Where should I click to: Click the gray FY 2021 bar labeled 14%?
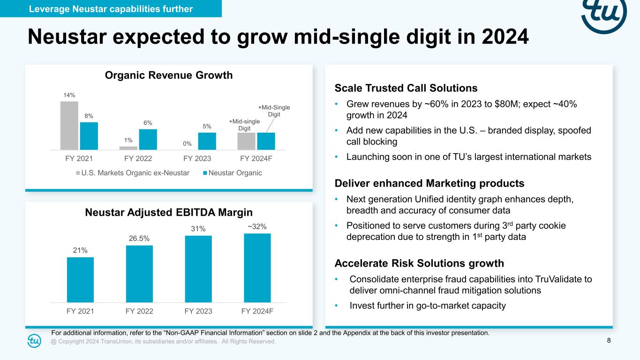[x=69, y=125]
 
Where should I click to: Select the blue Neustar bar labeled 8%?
[x=89, y=135]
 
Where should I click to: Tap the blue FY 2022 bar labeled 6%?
[x=148, y=139]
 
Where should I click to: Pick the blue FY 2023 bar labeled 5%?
[x=207, y=141]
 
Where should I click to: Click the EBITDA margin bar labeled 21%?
[x=80, y=279]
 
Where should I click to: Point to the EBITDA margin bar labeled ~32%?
[x=257, y=268]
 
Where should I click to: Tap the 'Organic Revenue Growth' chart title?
[x=168, y=75]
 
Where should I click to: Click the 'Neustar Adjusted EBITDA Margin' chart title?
[x=169, y=212]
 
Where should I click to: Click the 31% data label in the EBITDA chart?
[x=198, y=229]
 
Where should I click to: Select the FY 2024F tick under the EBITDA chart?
[x=257, y=311]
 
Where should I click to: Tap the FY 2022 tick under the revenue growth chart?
[x=138, y=158]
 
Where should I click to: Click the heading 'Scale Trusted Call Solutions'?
[x=406, y=88]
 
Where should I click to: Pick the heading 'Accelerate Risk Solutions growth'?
[x=419, y=262]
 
